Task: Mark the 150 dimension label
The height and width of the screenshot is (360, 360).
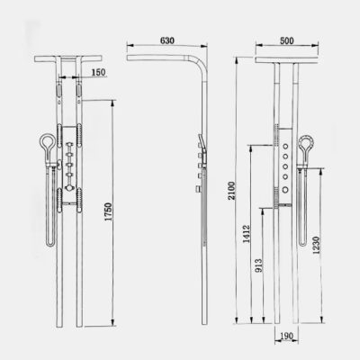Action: tap(98, 71)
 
